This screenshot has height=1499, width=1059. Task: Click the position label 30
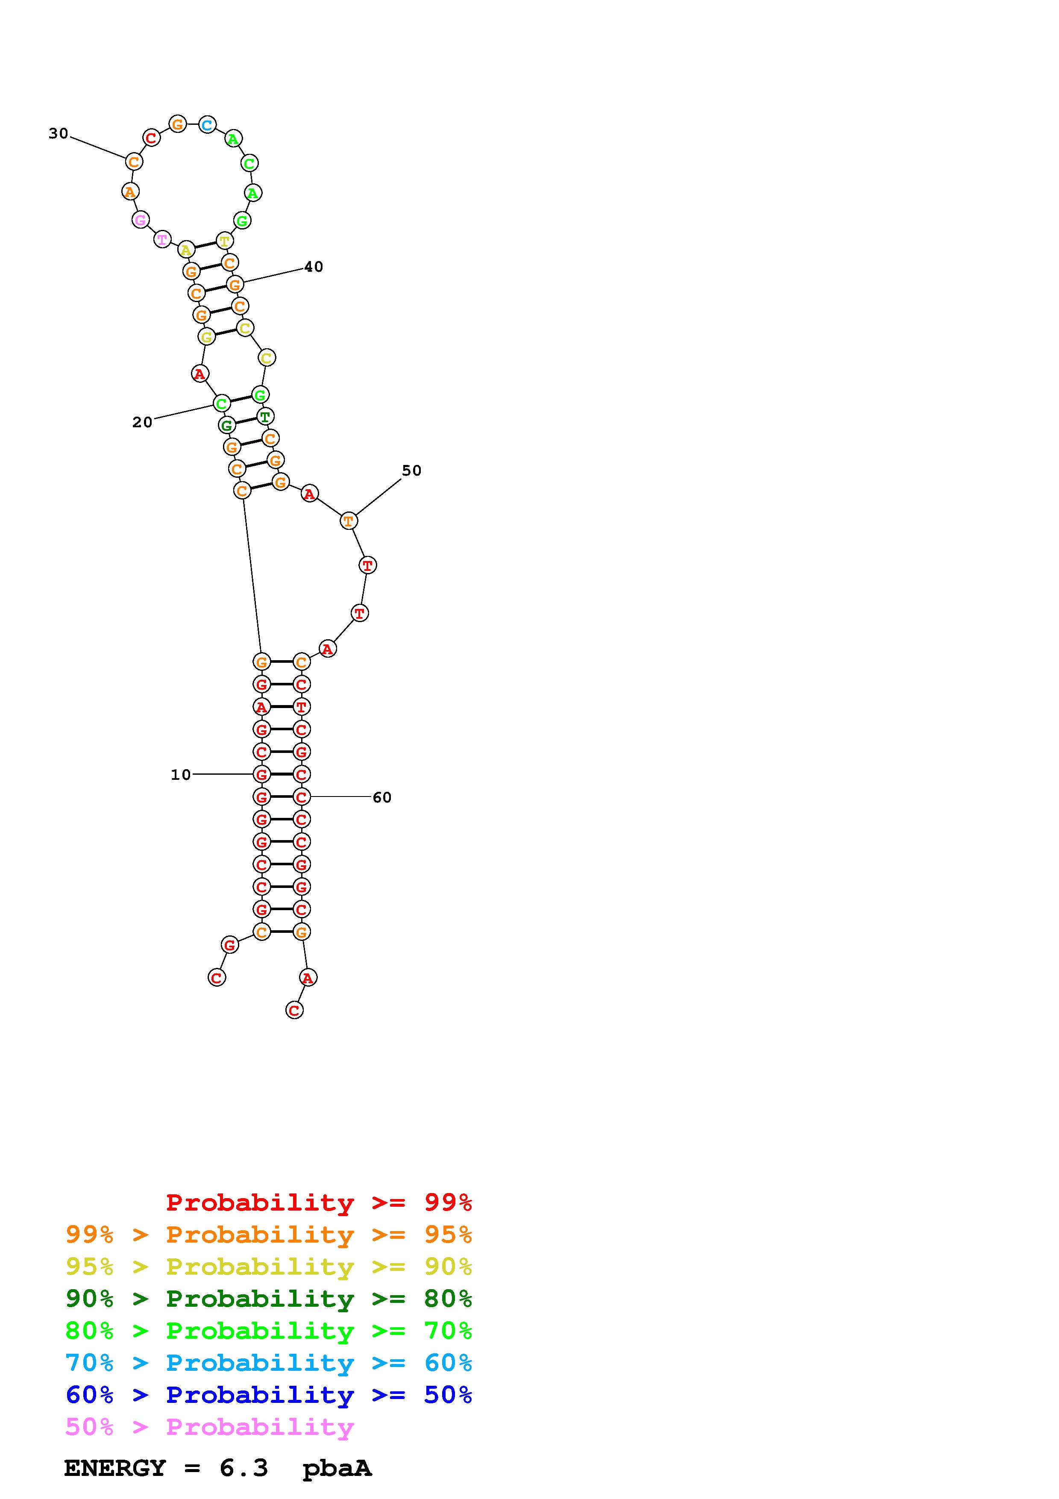(58, 134)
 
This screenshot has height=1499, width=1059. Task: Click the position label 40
(314, 266)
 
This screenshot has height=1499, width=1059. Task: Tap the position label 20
(142, 423)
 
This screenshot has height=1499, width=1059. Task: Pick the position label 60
(382, 797)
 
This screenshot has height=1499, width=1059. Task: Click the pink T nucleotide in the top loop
(162, 240)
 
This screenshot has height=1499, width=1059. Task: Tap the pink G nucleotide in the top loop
(140, 220)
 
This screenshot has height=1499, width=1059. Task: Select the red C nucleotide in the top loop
(151, 138)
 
